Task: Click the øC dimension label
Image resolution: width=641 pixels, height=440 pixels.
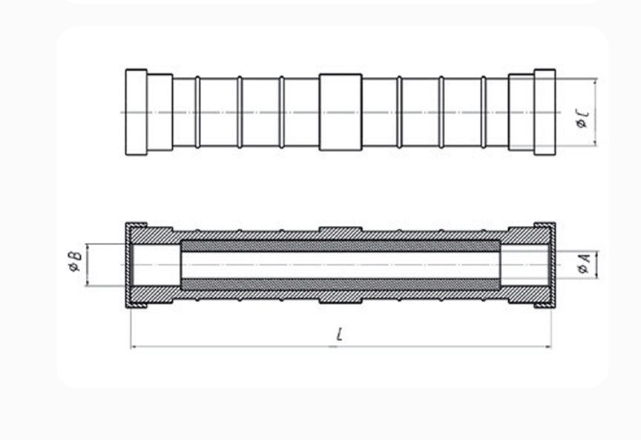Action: [583, 119]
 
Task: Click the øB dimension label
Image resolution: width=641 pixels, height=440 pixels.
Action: [76, 261]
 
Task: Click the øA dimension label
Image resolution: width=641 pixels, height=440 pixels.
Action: [584, 263]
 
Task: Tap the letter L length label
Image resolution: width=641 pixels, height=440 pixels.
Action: [339, 334]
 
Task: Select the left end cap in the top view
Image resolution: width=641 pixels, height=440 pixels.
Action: [136, 113]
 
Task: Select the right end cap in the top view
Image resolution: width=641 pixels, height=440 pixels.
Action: [545, 113]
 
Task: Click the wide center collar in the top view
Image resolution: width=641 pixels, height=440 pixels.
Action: [341, 113]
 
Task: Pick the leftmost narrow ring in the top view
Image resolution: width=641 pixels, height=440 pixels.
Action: [198, 113]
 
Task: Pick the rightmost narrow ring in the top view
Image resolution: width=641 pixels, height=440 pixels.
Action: [484, 113]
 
